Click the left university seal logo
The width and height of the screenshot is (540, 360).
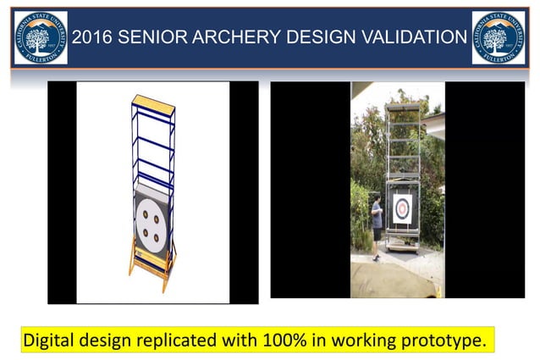pyautogui.click(x=41, y=38)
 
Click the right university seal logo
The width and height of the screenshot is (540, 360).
pyautogui.click(x=499, y=38)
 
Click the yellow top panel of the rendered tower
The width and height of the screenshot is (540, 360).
pyautogui.click(x=154, y=106)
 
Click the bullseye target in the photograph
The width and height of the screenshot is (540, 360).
pyautogui.click(x=402, y=207)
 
